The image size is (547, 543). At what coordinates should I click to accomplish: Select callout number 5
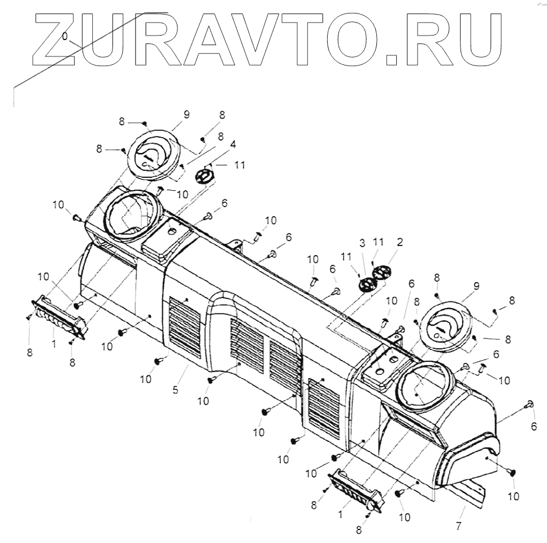176,390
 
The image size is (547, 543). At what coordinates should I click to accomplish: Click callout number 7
458,526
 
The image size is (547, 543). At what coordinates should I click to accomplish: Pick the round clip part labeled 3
367,284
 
